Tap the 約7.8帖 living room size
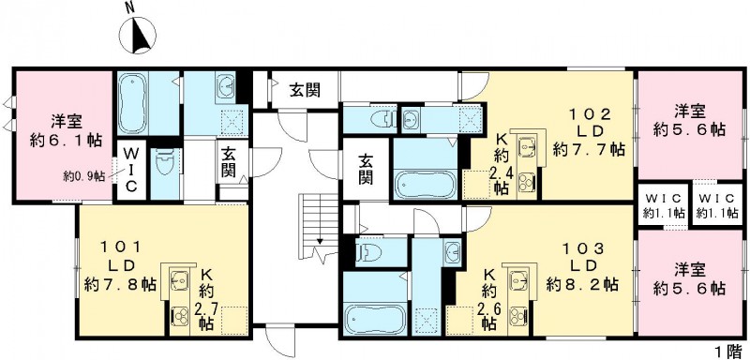(x=120, y=284)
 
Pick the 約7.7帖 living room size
(x=586, y=149)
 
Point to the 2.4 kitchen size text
(x=502, y=171)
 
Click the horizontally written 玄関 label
(x=304, y=90)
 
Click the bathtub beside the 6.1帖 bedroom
(x=142, y=104)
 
